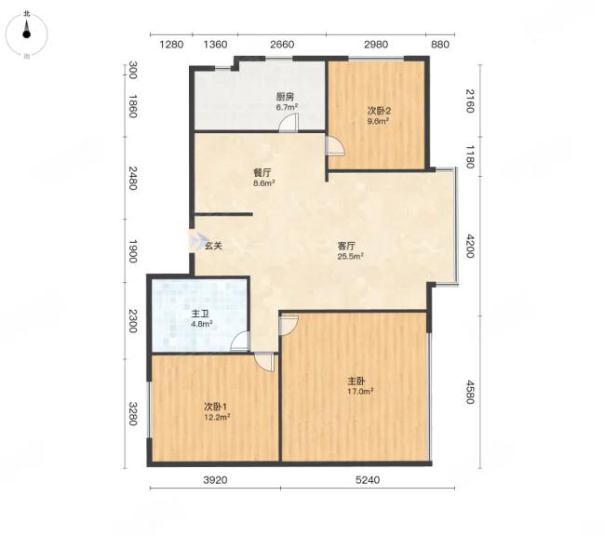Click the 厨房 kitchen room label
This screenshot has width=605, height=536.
click(x=286, y=97)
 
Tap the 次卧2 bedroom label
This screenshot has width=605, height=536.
click(x=379, y=111)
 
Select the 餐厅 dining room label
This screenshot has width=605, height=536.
click(x=262, y=173)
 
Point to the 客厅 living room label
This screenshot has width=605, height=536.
click(x=346, y=246)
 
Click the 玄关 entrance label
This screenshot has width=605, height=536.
click(x=213, y=246)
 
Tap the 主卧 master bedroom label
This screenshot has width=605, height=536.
click(x=356, y=382)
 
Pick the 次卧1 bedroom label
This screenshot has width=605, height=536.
click(x=215, y=407)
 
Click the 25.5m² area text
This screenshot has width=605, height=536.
click(x=351, y=256)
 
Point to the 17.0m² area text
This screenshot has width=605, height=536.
click(x=360, y=391)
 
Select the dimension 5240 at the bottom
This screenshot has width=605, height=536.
click(x=368, y=480)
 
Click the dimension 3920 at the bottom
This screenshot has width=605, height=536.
click(x=215, y=480)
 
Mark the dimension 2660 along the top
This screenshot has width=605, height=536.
click(x=282, y=45)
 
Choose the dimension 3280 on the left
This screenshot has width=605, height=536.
click(x=132, y=414)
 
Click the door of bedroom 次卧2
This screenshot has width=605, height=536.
click(x=335, y=146)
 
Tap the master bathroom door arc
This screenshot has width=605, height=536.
click(x=240, y=342)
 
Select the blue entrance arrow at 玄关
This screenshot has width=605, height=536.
click(x=195, y=241)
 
